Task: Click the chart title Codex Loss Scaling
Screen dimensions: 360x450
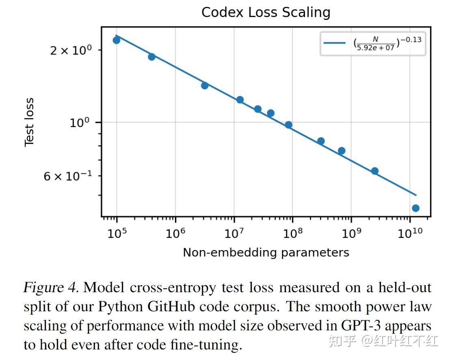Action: [x=266, y=12]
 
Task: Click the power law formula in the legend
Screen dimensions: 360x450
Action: [x=387, y=43]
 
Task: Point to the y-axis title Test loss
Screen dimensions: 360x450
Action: [x=29, y=122]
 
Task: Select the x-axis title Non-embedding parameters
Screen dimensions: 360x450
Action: [x=266, y=252]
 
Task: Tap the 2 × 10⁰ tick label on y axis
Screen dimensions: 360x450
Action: [x=71, y=51]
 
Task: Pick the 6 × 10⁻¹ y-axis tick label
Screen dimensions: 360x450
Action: [x=68, y=177]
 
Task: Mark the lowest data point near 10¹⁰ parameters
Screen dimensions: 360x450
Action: [x=415, y=208]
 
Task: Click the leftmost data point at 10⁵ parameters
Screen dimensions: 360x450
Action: [x=117, y=40]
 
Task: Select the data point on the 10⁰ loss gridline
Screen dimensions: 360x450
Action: [x=288, y=125]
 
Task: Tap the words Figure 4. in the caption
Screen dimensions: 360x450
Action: [x=51, y=288]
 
